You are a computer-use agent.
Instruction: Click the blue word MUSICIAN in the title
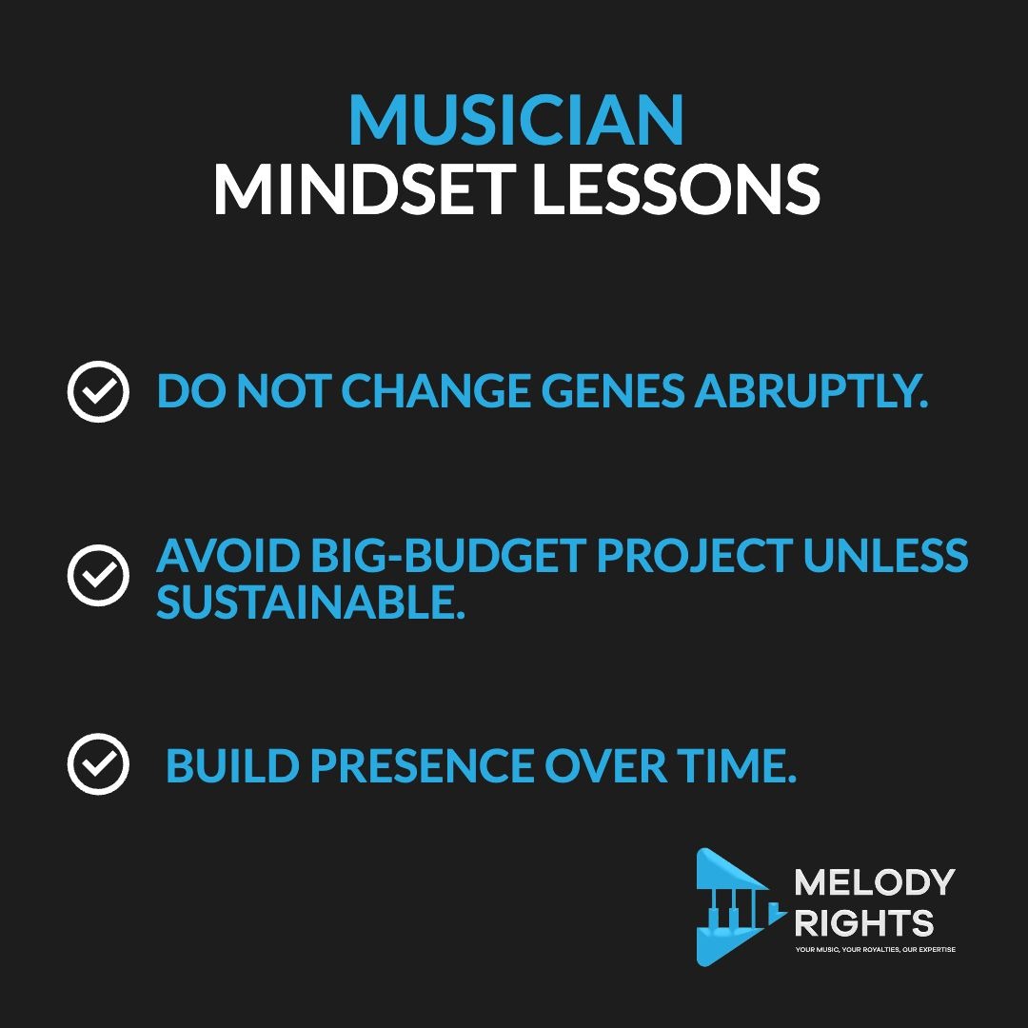click(517, 119)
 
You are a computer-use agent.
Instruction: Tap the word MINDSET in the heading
click(365, 189)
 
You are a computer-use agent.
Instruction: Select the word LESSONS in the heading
click(676, 189)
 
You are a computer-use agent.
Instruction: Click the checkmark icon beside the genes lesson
click(98, 391)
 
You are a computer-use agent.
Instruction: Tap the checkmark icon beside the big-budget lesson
click(98, 575)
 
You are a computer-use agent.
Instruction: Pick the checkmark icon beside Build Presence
click(98, 763)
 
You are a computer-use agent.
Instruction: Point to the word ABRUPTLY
click(811, 391)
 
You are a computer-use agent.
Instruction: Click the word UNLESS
click(885, 555)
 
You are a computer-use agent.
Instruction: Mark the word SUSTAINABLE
click(310, 603)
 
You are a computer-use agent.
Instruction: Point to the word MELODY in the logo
click(875, 881)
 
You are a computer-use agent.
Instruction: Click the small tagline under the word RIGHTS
click(876, 949)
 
